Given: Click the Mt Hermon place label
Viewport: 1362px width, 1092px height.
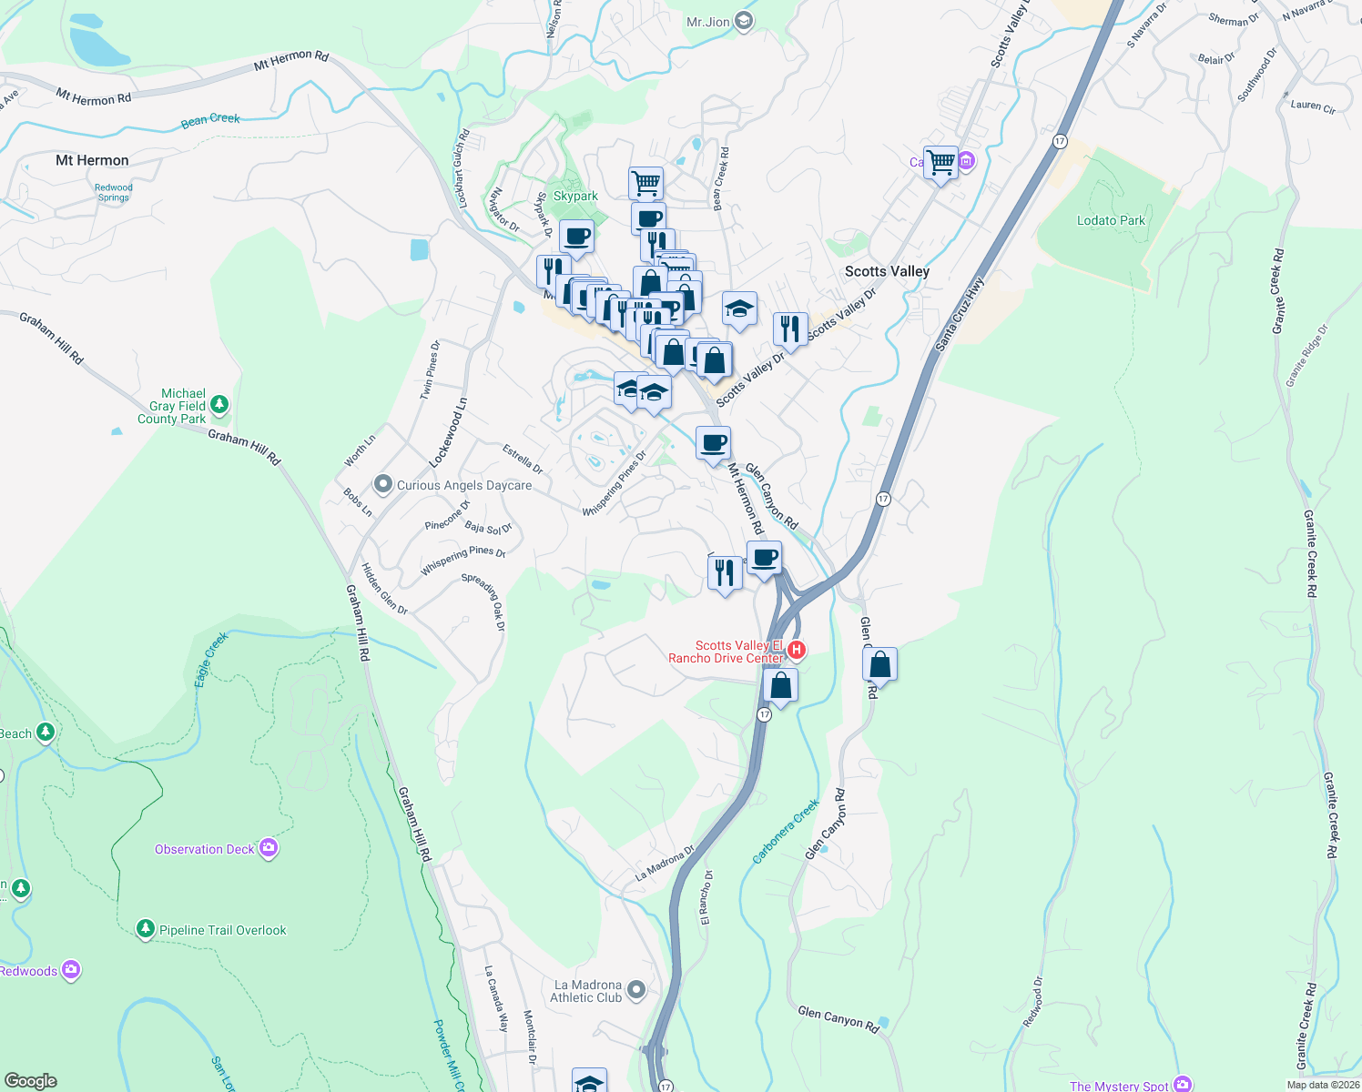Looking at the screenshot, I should tap(92, 160).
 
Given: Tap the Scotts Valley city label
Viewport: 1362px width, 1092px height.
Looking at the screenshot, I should tap(887, 271).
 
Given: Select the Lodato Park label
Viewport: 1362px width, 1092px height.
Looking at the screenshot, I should tap(1111, 220).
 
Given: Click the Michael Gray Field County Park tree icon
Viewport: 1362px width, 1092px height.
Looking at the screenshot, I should tap(219, 404).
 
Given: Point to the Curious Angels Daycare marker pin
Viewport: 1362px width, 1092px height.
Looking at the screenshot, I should tap(383, 484).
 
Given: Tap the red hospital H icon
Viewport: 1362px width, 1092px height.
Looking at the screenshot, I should tap(797, 650).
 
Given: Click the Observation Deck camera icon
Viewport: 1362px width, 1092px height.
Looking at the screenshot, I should tap(268, 848).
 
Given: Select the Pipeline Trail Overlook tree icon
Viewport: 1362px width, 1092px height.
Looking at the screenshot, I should tap(145, 929).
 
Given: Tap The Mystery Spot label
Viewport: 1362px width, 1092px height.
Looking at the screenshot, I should tap(1119, 1086).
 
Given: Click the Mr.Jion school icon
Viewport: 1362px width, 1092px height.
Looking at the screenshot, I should tap(744, 21).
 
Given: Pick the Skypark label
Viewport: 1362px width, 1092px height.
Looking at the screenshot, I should tap(575, 196).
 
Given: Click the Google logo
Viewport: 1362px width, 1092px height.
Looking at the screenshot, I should tap(30, 1081).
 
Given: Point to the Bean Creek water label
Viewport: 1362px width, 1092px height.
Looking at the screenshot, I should tap(210, 119).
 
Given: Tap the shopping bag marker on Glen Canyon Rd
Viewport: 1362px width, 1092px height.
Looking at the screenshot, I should tap(879, 665).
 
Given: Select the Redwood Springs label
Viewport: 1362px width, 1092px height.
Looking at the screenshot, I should tap(114, 192).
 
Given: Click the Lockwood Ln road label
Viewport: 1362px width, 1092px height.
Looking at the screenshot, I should tap(448, 432).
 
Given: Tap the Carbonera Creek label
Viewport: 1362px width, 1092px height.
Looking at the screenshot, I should tap(786, 832).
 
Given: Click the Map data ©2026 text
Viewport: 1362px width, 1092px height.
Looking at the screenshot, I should tap(1323, 1085).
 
